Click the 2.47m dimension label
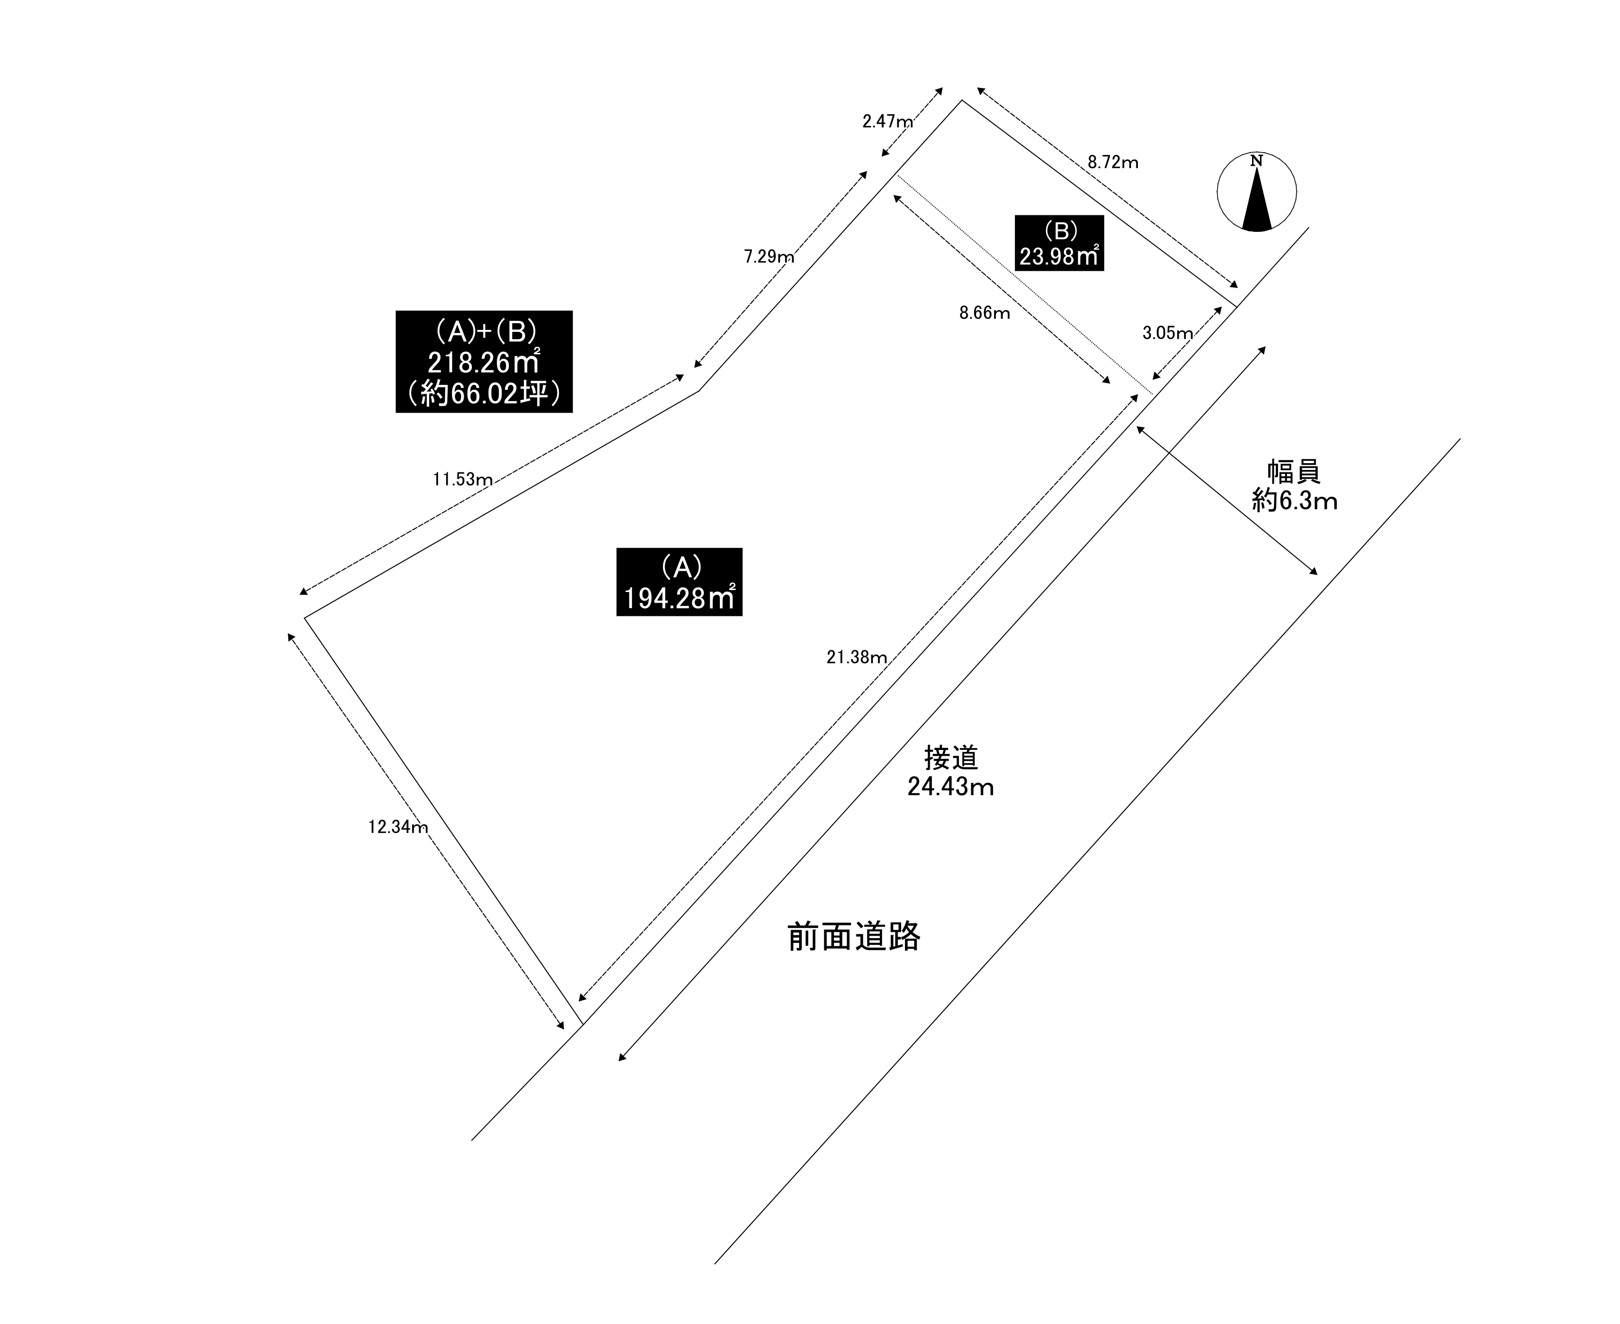coord(887,121)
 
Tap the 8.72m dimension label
coord(1113,162)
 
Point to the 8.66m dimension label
coord(984,313)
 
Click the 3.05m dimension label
coord(1167,332)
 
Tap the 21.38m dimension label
coord(856,658)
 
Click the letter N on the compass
coord(1256,161)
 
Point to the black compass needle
coord(1257,202)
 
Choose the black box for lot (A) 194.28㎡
coord(679,582)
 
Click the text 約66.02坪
coord(484,394)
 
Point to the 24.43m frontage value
coord(950,786)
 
